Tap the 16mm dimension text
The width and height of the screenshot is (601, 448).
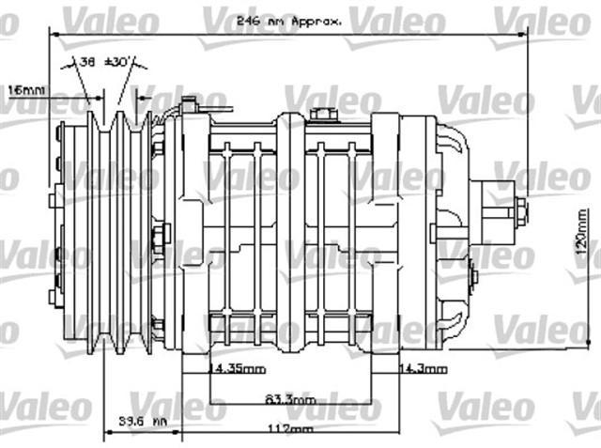coord(25,91)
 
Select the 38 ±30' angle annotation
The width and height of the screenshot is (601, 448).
coord(103,61)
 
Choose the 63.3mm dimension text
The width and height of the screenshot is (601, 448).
coord(289,399)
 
